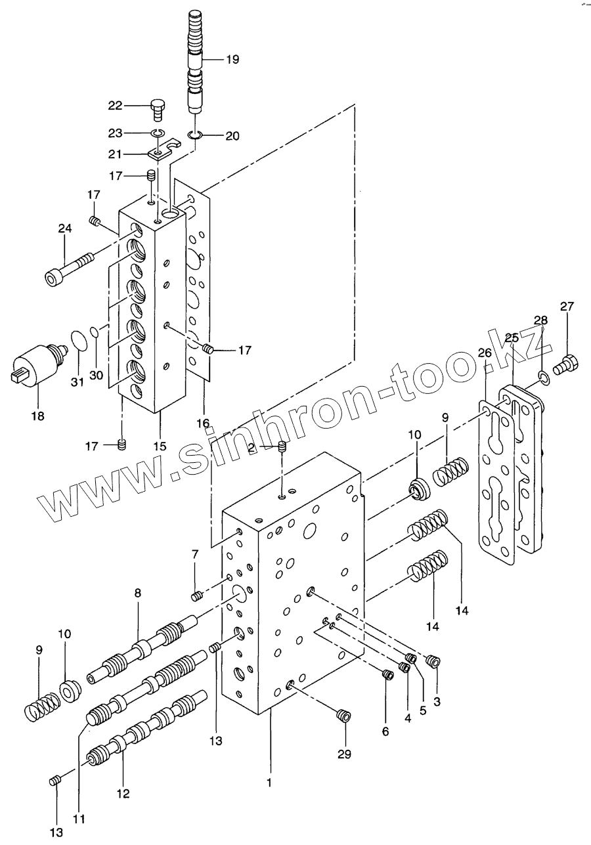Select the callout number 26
(x=485, y=353)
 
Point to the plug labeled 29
(x=341, y=715)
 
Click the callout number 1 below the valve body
(x=269, y=782)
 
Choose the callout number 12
(x=123, y=794)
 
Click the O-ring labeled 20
(x=194, y=136)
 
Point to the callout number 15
(x=160, y=446)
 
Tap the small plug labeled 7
(x=196, y=596)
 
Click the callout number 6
(x=385, y=731)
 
